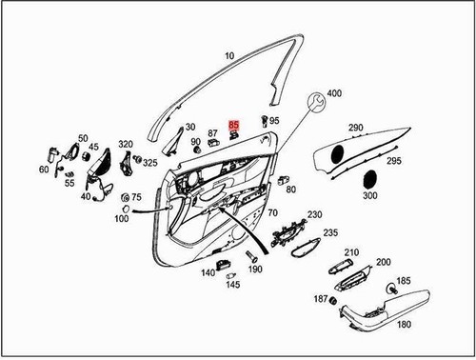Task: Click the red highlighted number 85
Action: [x=235, y=124]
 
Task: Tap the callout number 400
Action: [x=333, y=94]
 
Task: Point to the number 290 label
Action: [x=355, y=128]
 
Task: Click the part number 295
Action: [x=394, y=164]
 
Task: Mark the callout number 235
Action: [x=330, y=233]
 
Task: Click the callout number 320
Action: [x=126, y=144]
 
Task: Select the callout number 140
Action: [x=208, y=273]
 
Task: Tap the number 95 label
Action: [x=274, y=121]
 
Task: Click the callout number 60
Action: [x=44, y=170]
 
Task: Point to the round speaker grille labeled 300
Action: [x=369, y=178]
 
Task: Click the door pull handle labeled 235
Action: [x=305, y=250]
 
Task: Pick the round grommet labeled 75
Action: [x=125, y=197]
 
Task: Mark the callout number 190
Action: [x=255, y=270]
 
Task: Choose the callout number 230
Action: [x=314, y=215]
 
